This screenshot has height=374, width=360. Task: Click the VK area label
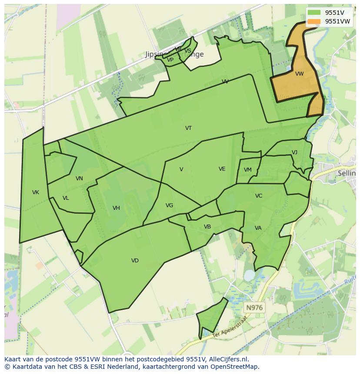coord(36,192)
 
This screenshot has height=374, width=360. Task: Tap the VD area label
coord(135,261)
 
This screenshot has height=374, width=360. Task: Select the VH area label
coord(116,208)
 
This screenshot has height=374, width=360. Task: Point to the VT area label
coord(188,128)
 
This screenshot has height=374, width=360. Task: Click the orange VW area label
coord(299,74)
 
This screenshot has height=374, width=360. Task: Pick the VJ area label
coord(294,152)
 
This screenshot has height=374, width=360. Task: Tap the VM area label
coord(247,170)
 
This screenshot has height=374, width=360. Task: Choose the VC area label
coord(259,196)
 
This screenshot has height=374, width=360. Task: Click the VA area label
coord(258,228)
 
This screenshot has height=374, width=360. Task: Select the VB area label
coord(207,227)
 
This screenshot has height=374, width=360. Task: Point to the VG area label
coord(169,205)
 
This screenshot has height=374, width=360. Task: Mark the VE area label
coord(222,169)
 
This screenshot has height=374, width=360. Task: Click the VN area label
coord(79,179)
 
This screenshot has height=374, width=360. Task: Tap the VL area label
coord(66,198)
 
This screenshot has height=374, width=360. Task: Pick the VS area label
coord(188,51)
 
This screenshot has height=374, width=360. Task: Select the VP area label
coord(170,60)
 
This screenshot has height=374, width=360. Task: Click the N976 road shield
coord(254,308)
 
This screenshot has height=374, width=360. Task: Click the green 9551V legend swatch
coord(313,13)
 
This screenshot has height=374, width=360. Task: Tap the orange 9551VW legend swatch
coord(313,21)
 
